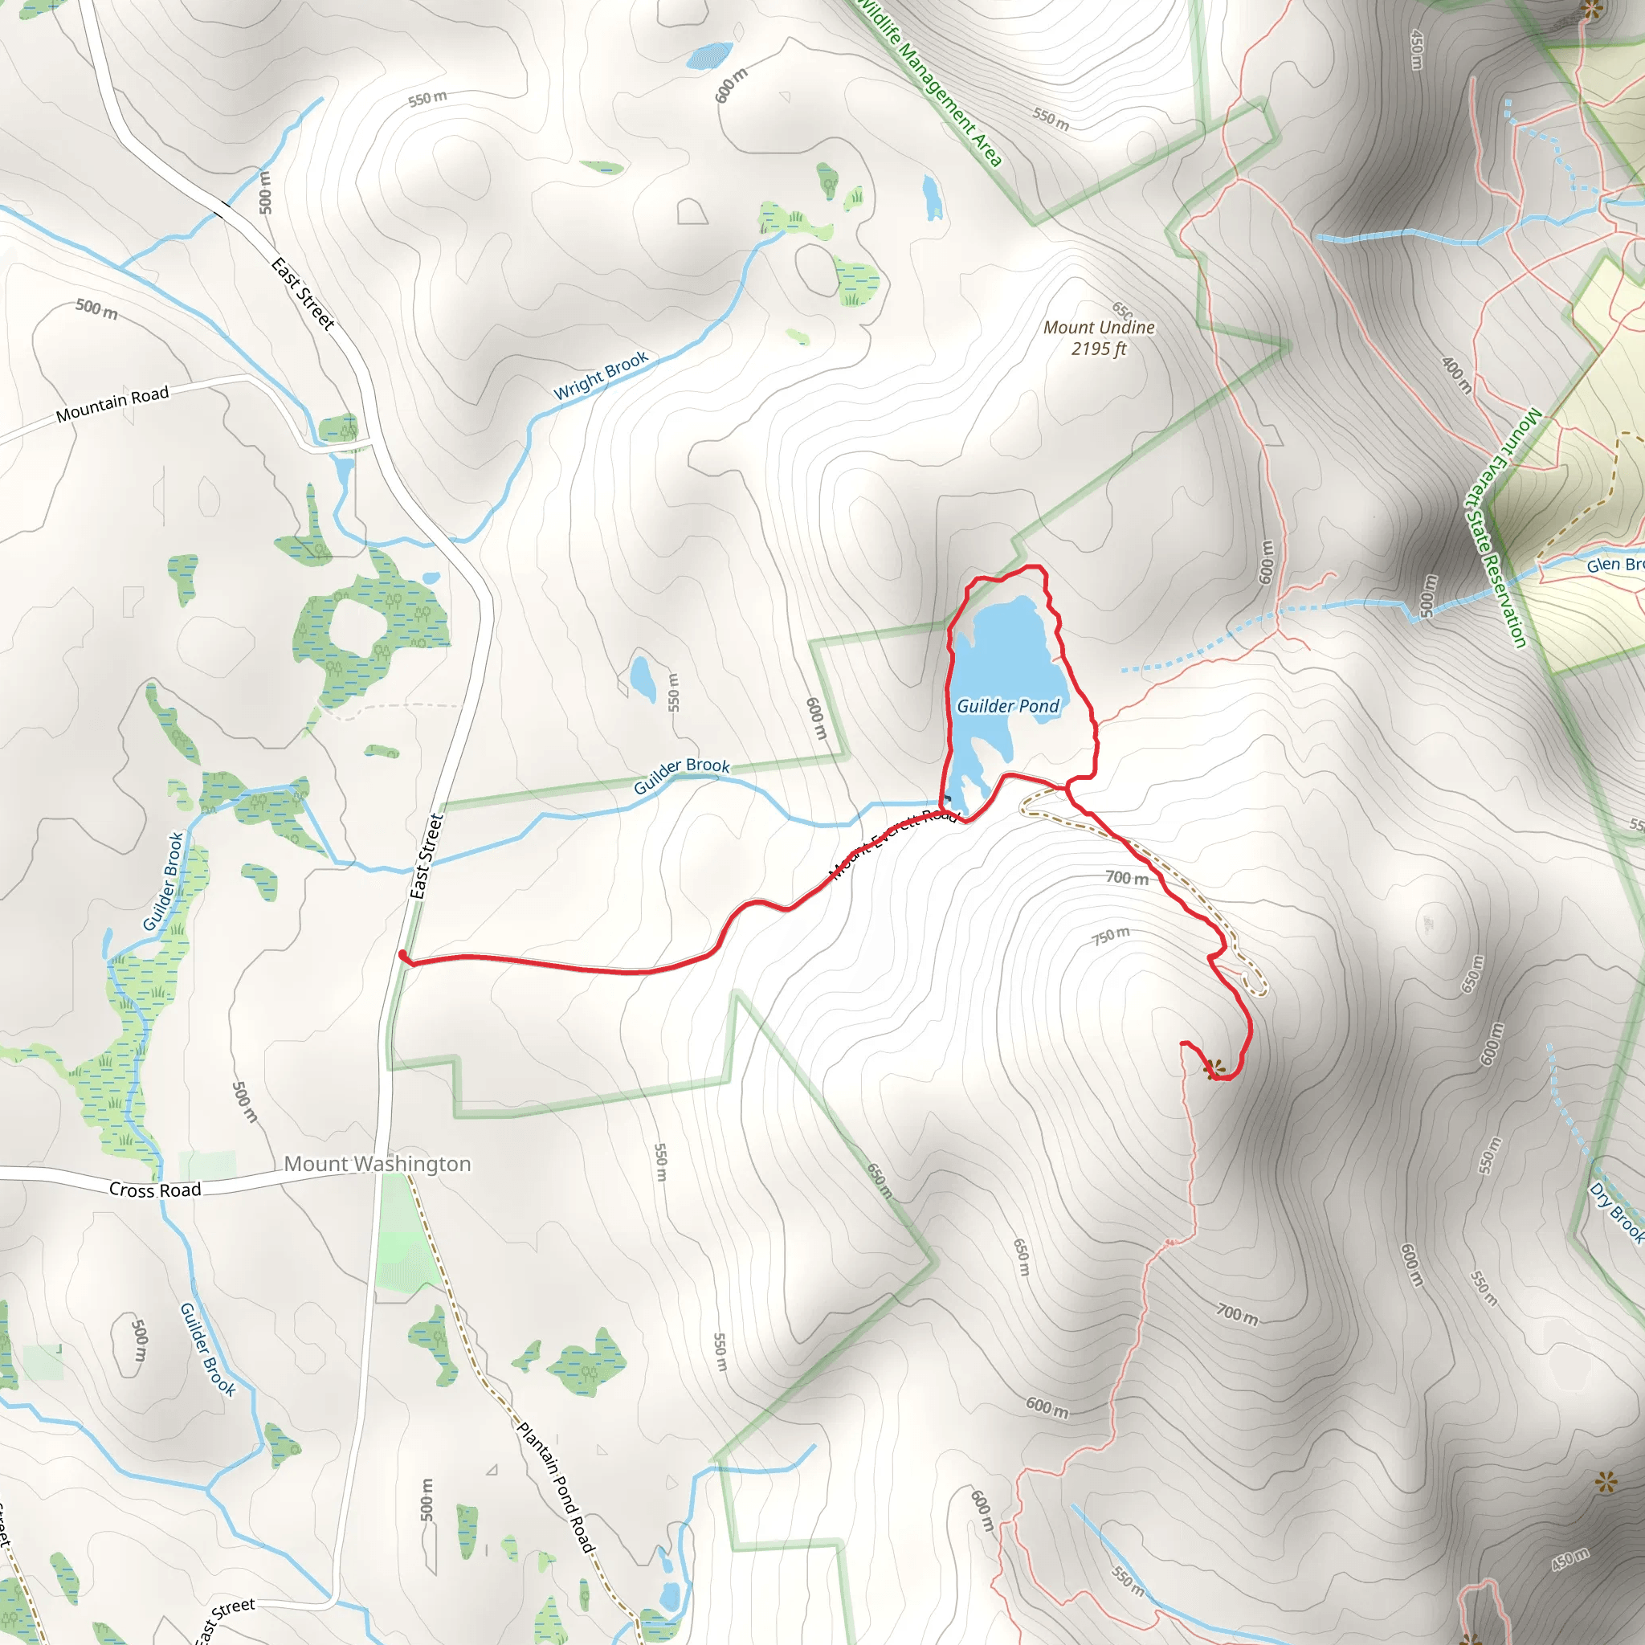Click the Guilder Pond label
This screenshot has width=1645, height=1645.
[x=1007, y=706]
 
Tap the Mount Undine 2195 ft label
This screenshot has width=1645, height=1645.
[x=1098, y=338]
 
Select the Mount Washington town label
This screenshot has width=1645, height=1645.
[x=378, y=1164]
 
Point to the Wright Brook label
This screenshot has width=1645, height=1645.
[x=601, y=374]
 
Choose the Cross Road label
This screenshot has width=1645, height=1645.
[x=155, y=1190]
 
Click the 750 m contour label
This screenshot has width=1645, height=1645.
[x=1111, y=936]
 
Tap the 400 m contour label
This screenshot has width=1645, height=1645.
[x=1457, y=374]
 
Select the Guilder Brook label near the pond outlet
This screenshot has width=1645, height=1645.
[x=681, y=775]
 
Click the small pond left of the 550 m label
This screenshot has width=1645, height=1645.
[x=643, y=678]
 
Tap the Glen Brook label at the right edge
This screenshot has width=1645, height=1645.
[x=1614, y=565]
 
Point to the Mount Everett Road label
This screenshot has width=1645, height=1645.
[x=894, y=842]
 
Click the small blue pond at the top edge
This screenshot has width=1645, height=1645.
[x=708, y=55]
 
